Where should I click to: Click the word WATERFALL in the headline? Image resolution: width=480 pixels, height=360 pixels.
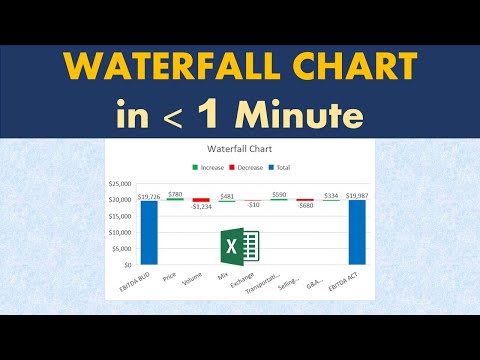(x=168, y=69)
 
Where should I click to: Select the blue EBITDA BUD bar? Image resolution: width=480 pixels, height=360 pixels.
(x=150, y=233)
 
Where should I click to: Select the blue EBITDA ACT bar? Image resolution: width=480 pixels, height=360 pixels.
(x=357, y=233)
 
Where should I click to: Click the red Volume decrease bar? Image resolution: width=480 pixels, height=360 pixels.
(x=202, y=200)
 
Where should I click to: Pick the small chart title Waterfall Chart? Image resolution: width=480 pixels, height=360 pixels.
(x=240, y=149)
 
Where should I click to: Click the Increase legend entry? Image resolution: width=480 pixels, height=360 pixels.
(x=210, y=167)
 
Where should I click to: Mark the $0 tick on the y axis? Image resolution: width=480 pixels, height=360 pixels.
(x=127, y=265)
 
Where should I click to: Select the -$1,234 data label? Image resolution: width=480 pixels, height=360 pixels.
(x=202, y=207)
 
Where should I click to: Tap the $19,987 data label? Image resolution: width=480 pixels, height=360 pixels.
(x=357, y=195)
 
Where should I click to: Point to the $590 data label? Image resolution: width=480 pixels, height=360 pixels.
(x=279, y=194)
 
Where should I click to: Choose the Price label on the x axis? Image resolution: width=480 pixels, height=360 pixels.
(x=172, y=275)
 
